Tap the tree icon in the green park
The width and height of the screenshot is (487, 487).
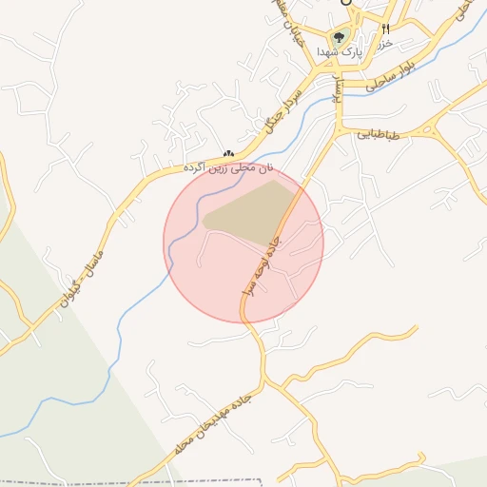tap(339, 38)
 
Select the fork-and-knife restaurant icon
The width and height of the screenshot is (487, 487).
tap(385, 29)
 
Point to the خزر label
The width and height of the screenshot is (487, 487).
tap(384, 45)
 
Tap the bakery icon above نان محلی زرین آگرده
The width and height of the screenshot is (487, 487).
tap(227, 153)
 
